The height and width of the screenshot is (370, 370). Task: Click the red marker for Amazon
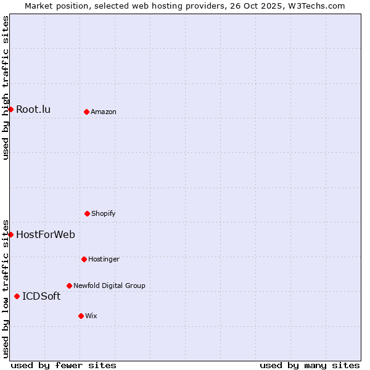[86, 112]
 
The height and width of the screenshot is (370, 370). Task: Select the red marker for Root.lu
[10, 109]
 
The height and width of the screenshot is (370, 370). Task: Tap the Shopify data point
[87, 213]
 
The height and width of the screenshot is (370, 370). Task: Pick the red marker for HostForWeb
[10, 234]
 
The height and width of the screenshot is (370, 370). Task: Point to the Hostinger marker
[84, 259]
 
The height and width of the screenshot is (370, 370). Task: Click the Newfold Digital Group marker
[69, 286]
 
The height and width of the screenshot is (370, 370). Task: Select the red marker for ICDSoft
[17, 296]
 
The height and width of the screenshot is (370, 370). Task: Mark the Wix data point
[81, 316]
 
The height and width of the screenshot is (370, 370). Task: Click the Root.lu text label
[33, 110]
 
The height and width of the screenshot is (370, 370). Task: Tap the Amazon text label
[104, 112]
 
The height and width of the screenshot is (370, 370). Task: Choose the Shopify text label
[104, 214]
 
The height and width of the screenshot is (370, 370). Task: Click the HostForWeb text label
[46, 234]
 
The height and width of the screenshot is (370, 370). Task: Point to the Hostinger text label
[104, 260]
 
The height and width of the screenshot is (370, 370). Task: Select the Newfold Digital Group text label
[109, 286]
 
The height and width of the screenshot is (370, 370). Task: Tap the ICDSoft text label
[41, 297]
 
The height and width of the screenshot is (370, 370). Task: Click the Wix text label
[91, 316]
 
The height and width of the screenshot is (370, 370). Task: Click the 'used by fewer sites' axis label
[64, 366]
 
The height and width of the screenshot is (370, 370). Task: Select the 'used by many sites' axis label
[310, 366]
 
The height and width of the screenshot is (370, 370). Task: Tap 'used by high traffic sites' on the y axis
[6, 88]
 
